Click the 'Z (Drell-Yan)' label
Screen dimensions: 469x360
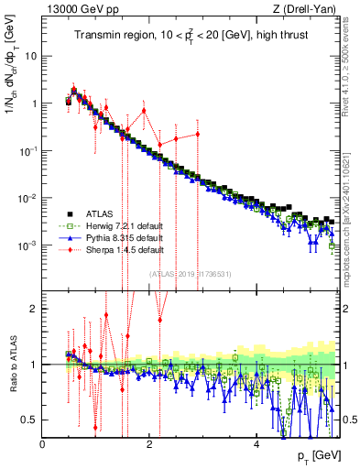[x=306, y=9]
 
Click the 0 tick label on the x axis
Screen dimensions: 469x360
[x=43, y=445]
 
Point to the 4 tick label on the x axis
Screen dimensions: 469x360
[x=257, y=445]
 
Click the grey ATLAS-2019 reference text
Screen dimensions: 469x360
[x=193, y=275]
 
